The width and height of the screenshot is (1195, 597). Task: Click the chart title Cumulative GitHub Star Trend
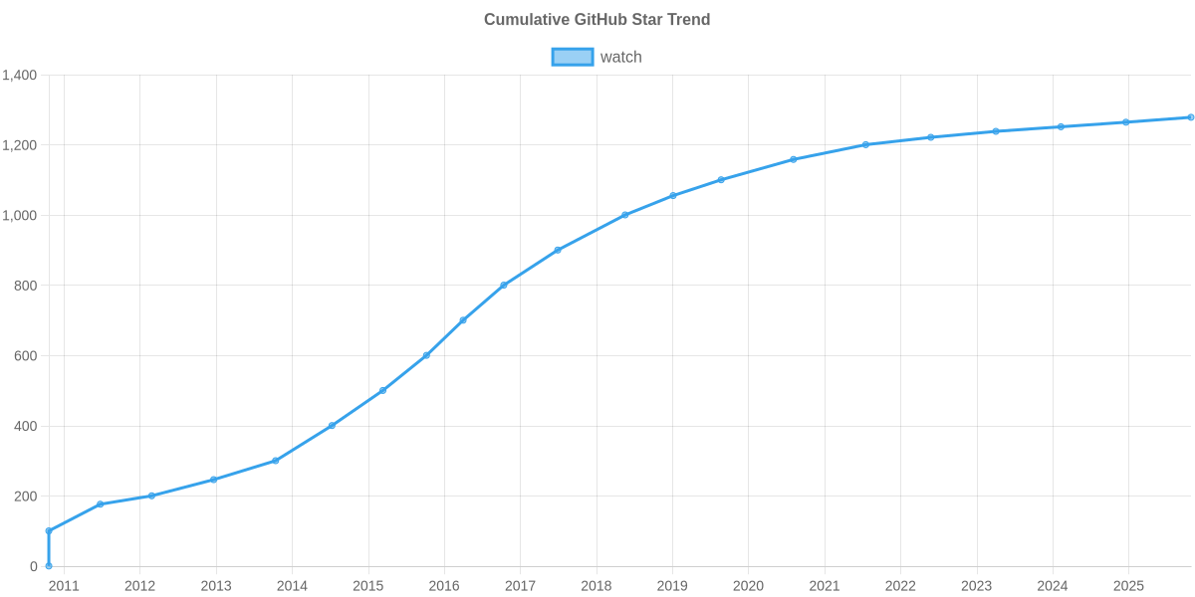pyautogui.click(x=597, y=20)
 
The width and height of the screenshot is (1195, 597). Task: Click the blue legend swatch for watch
pyautogui.click(x=572, y=57)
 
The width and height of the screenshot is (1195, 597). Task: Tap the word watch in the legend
pyautogui.click(x=620, y=57)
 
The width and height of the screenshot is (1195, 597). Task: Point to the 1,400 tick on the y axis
pyautogui.click(x=20, y=76)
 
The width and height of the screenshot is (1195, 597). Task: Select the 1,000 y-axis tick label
pyautogui.click(x=20, y=216)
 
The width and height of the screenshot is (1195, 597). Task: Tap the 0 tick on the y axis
pyautogui.click(x=34, y=567)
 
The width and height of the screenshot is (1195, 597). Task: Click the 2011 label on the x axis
pyautogui.click(x=64, y=586)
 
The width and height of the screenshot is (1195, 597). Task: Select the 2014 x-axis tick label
pyautogui.click(x=292, y=586)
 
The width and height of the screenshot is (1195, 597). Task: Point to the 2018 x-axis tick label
pyautogui.click(x=597, y=586)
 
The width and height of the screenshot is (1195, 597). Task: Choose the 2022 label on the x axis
pyautogui.click(x=900, y=586)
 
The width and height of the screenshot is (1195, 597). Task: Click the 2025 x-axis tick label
pyautogui.click(x=1128, y=586)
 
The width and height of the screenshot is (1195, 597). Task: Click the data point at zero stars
pyautogui.click(x=49, y=566)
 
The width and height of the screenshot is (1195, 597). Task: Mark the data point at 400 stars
pyautogui.click(x=332, y=426)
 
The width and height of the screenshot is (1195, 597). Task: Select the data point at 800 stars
pyautogui.click(x=504, y=286)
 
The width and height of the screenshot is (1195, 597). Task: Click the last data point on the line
pyautogui.click(x=1190, y=117)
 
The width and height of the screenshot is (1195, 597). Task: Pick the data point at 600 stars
pyautogui.click(x=426, y=355)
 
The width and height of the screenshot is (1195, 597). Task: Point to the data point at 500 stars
pyautogui.click(x=382, y=391)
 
